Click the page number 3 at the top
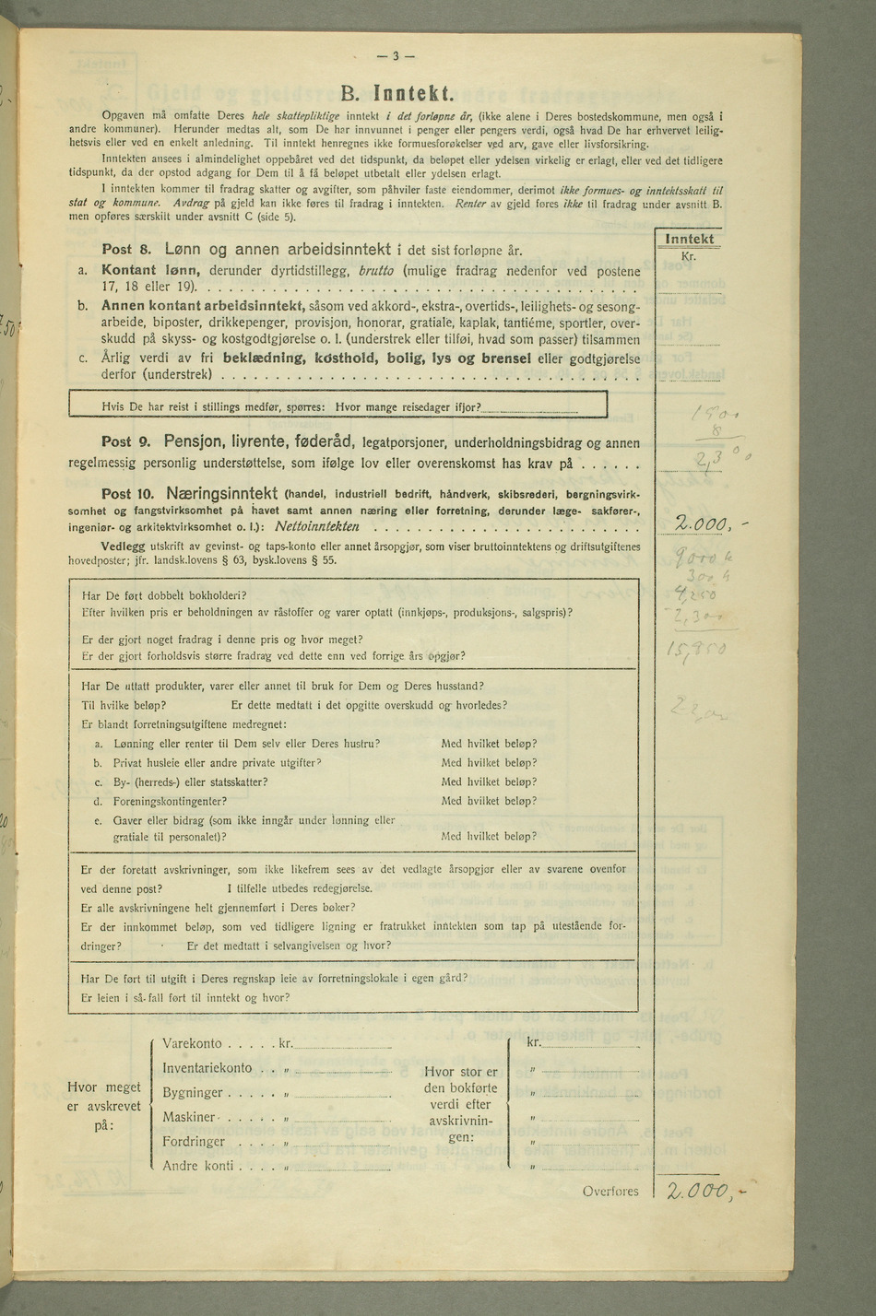pos(396,55)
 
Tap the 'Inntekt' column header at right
pos(689,240)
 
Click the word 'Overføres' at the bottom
pos(610,1191)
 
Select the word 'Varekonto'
pos(192,1044)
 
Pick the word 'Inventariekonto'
pos(207,1068)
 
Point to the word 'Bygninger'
pos(193,1093)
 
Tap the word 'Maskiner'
pos(189,1117)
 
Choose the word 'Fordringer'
pos(194,1142)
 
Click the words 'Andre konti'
pos(197,1166)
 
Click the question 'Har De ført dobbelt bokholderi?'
pos(165,594)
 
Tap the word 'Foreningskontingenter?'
pos(170,801)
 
